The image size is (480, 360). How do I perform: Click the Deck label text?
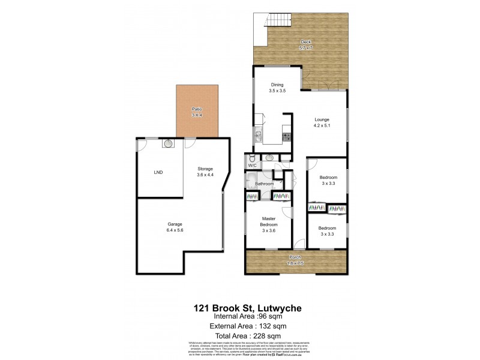(x=305, y=41)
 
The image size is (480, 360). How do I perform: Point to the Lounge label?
(x=322, y=120)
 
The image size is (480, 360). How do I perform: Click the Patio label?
(x=196, y=109)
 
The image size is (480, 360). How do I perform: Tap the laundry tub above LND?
(x=168, y=144)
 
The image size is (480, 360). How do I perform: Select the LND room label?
(x=158, y=173)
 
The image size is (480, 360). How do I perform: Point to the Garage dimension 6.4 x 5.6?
(x=175, y=230)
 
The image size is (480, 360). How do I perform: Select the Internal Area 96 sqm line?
(x=240, y=316)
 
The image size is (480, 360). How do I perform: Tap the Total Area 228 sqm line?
(x=240, y=335)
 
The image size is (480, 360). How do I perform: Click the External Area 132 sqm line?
(x=240, y=326)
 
